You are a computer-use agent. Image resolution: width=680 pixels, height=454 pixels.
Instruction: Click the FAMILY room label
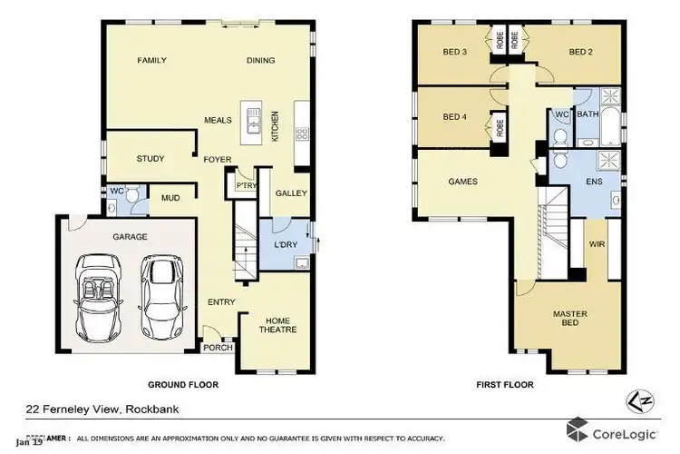tap(151, 61)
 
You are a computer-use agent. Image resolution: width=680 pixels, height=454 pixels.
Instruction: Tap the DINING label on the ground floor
tap(261, 61)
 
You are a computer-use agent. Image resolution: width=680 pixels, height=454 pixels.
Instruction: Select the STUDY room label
tap(151, 159)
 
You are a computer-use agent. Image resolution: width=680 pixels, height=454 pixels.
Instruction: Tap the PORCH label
tap(218, 348)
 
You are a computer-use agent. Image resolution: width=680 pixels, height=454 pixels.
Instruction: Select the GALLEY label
tap(291, 193)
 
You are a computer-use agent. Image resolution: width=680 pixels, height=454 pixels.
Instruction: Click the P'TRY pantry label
tap(246, 185)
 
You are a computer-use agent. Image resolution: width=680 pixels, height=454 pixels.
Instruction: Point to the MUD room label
tap(170, 197)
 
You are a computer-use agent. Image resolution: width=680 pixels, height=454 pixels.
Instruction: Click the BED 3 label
tap(455, 52)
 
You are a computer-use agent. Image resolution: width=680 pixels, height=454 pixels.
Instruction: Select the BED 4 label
tap(455, 116)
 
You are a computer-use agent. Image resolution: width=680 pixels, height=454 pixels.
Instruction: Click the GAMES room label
tap(462, 181)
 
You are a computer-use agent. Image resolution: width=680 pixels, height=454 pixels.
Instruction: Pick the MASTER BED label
tap(570, 320)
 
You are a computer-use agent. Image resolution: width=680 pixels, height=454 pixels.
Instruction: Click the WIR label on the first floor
tap(597, 243)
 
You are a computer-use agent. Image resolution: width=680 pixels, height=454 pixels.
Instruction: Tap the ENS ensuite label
tap(596, 182)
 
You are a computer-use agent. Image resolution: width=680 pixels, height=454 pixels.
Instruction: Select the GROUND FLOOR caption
tap(186, 384)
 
